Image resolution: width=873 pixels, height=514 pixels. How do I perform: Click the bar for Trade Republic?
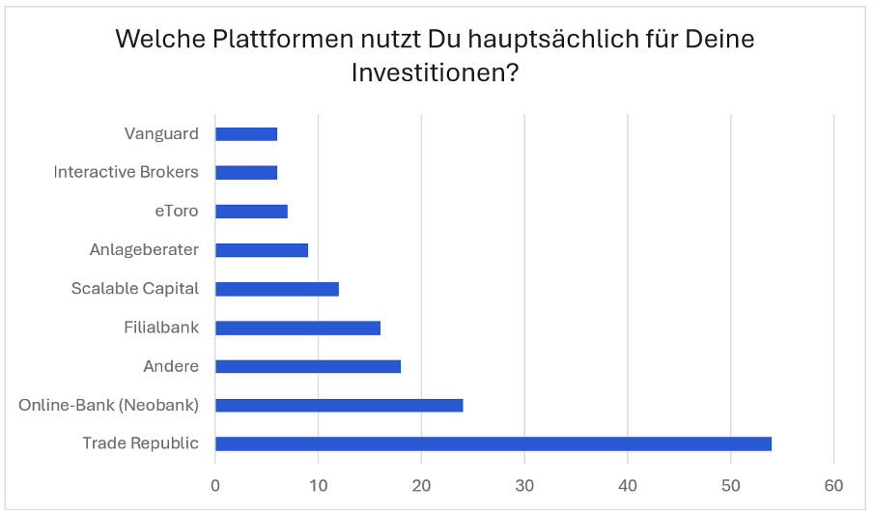click(x=493, y=443)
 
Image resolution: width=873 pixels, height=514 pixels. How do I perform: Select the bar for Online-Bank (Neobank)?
click(x=339, y=405)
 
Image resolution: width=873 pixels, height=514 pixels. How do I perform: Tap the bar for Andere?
click(x=307, y=366)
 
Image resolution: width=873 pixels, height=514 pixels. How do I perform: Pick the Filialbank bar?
click(x=297, y=328)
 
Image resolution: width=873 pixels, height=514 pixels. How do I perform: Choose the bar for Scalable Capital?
click(x=276, y=289)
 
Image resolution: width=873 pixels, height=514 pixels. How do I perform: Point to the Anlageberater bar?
click(x=261, y=250)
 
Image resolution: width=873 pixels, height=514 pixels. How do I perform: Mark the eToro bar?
click(x=251, y=212)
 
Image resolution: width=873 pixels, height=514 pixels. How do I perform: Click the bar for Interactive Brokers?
click(x=245, y=173)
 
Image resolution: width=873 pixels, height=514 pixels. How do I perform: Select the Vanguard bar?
click(x=245, y=134)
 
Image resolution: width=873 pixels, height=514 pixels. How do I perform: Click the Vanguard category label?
click(x=161, y=134)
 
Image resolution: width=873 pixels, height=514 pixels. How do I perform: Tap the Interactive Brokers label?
click(x=126, y=173)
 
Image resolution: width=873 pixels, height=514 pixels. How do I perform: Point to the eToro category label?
click(x=176, y=212)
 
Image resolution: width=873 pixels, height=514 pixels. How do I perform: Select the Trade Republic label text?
click(x=140, y=443)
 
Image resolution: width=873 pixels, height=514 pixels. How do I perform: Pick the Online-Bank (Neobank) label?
click(x=108, y=405)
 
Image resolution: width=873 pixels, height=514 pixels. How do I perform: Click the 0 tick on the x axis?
click(x=215, y=484)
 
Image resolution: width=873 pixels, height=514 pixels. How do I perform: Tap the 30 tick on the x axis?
click(x=524, y=484)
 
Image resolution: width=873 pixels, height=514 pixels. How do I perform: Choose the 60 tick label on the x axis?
click(x=834, y=484)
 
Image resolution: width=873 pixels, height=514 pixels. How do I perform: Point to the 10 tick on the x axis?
click(x=318, y=484)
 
